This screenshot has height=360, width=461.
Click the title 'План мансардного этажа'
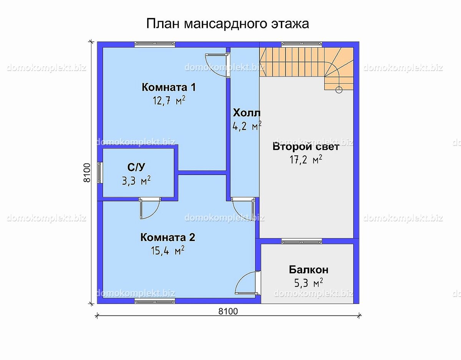pos(227,24)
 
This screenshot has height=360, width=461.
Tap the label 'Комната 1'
pos(169,87)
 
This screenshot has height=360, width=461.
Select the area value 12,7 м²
pos(169,101)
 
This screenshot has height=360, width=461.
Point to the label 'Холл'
pos(247,113)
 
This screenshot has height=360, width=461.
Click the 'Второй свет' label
pos(306,147)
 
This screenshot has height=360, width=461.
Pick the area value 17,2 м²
pos(306,160)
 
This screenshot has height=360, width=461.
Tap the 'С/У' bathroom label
pos(136,167)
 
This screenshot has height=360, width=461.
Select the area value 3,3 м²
pos(136,181)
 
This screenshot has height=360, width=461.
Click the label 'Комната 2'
pos(167,237)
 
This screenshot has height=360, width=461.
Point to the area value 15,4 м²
pos(167,251)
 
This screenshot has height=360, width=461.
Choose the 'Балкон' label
pos(308,270)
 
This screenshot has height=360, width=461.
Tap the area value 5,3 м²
pos(308,283)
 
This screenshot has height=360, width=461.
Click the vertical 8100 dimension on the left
pos(87,172)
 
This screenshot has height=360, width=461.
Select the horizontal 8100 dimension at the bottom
pos(228,311)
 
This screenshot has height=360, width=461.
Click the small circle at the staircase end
pos(339,90)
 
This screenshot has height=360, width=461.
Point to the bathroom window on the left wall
pos(100,172)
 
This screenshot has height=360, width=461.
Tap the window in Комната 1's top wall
pos(155,44)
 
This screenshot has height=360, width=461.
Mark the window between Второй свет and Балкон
pos(302,241)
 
